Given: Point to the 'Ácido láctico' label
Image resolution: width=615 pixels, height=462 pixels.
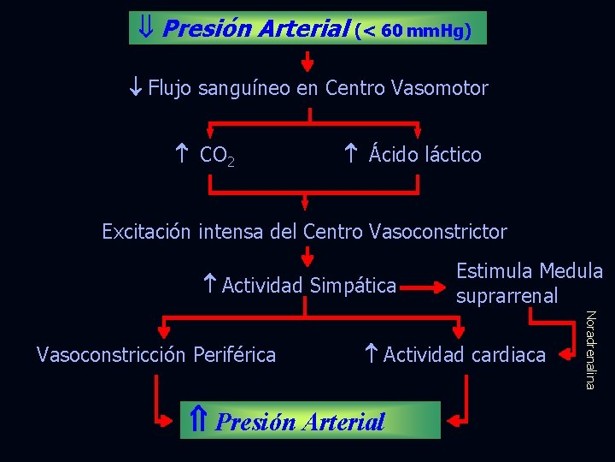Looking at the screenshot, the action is [425, 155].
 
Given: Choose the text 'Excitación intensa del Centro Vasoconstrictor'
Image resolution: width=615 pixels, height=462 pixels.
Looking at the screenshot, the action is [304, 232].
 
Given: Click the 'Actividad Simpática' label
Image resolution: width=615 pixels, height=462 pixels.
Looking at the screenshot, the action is [308, 285].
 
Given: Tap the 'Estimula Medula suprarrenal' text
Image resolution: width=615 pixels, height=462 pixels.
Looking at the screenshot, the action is [529, 283].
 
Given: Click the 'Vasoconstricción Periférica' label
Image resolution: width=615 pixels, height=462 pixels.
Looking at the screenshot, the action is [156, 354].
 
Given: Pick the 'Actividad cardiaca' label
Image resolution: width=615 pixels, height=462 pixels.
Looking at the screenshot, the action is [463, 354].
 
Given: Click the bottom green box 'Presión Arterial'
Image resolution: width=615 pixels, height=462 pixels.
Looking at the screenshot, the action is [310, 420].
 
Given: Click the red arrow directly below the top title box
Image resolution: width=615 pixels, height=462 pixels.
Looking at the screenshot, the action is [308, 61].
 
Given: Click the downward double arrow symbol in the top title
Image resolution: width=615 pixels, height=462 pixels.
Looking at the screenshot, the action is [145, 28].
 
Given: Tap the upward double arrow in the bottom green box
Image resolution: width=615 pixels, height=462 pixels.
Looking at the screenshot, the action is [197, 420].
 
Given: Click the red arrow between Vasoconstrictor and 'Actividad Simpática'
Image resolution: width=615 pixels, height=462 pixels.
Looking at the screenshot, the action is [307, 258].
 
